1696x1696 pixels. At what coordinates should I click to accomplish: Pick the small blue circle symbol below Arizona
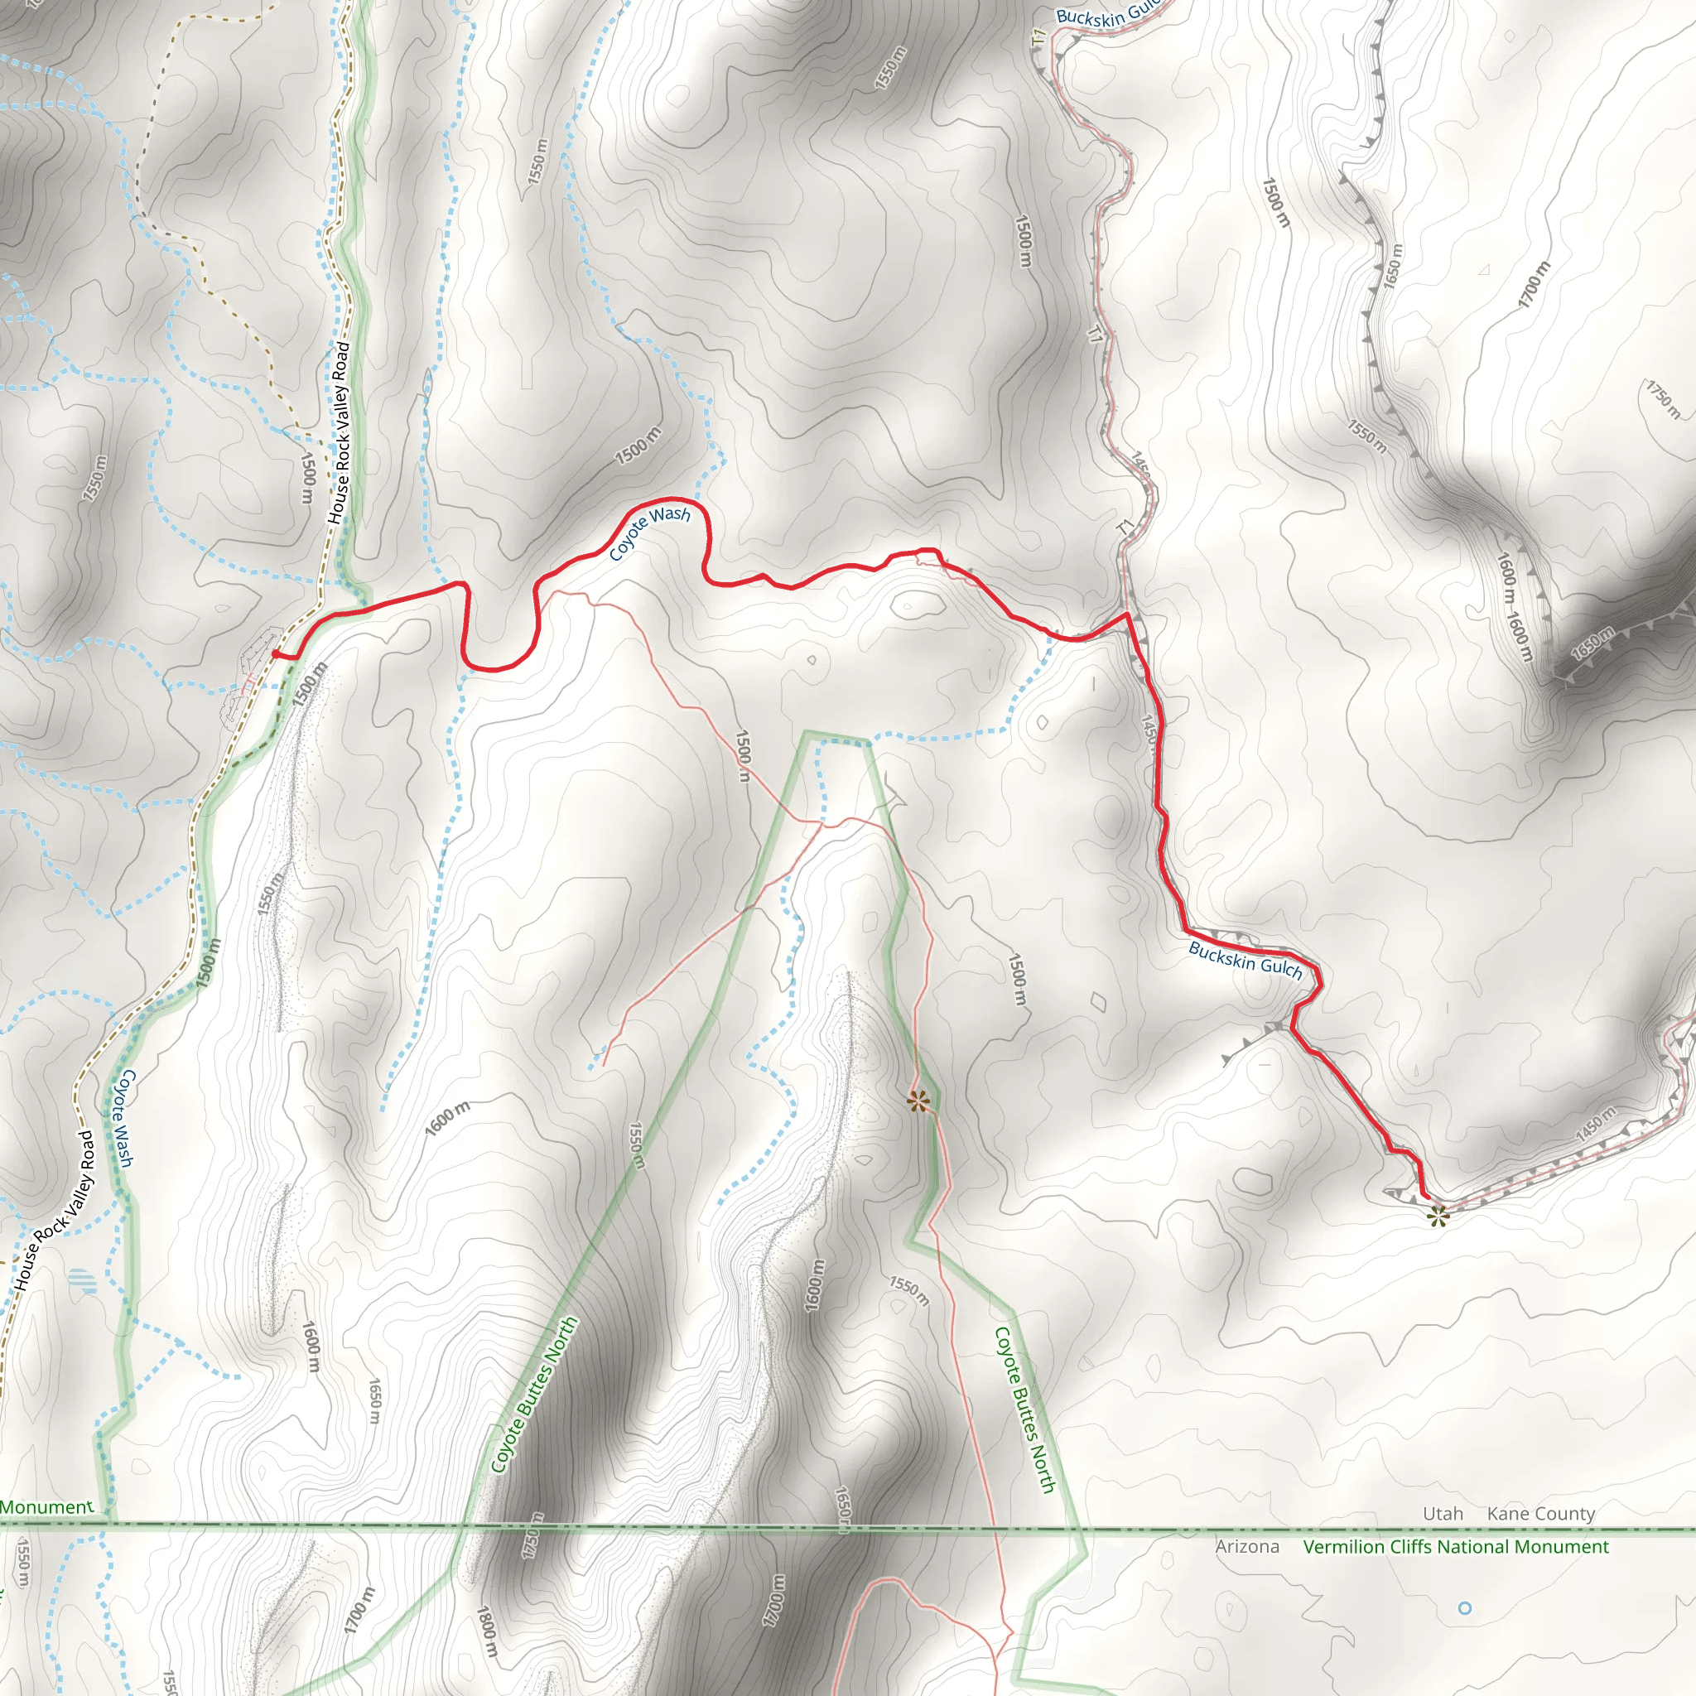1464,1608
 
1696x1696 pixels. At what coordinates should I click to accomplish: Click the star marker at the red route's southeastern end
1436,1216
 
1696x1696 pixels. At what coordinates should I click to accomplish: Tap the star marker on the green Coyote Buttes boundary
918,1101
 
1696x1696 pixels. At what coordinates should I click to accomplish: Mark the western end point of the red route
276,654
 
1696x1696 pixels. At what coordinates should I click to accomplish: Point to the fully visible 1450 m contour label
1595,1125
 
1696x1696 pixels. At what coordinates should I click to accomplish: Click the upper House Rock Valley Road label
339,434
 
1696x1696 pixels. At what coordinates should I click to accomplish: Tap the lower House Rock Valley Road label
53,1212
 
